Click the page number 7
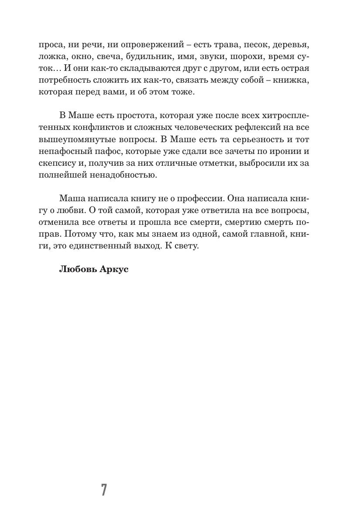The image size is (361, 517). click(x=104, y=490)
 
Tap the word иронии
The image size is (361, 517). click(x=278, y=151)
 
